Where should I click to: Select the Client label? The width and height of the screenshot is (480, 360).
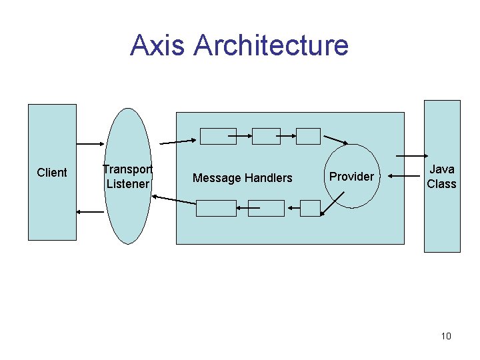[x=52, y=173]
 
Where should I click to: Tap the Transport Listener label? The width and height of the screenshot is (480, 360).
[x=127, y=177]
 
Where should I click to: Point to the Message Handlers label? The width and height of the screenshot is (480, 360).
[x=242, y=178]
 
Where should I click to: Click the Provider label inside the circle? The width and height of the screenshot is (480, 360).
[x=351, y=177]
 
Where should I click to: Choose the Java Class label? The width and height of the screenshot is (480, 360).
[x=441, y=177]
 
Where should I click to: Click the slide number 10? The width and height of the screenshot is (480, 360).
[x=446, y=336]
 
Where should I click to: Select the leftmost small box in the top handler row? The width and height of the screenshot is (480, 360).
[x=218, y=136]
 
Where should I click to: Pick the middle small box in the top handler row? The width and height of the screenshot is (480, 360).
[x=266, y=136]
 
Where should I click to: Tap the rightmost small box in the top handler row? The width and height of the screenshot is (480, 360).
[x=308, y=136]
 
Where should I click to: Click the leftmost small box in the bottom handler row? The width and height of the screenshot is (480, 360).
[x=216, y=208]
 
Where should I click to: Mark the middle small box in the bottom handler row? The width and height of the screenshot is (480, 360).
[x=266, y=208]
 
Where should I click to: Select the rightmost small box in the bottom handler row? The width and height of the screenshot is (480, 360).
[x=310, y=208]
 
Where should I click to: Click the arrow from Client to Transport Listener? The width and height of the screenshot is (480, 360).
[x=89, y=143]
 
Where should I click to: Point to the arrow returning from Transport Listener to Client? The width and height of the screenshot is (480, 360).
[x=90, y=212]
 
